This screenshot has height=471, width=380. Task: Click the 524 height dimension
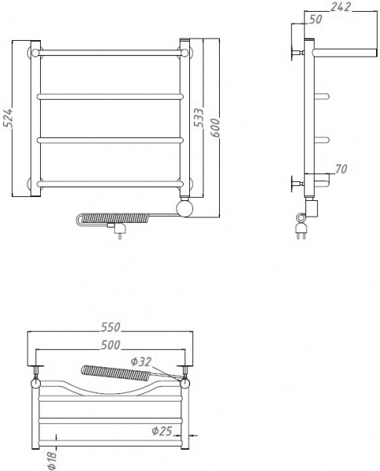coord(9,119)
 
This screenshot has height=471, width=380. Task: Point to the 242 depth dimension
coord(339,8)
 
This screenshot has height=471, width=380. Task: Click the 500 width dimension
coord(110,343)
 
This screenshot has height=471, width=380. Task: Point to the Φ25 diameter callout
coord(163,429)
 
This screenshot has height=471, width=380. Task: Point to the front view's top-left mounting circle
coord(34,53)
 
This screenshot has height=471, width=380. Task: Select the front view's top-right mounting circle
coord(185,53)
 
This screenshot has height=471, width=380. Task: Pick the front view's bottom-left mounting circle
coord(34,184)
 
